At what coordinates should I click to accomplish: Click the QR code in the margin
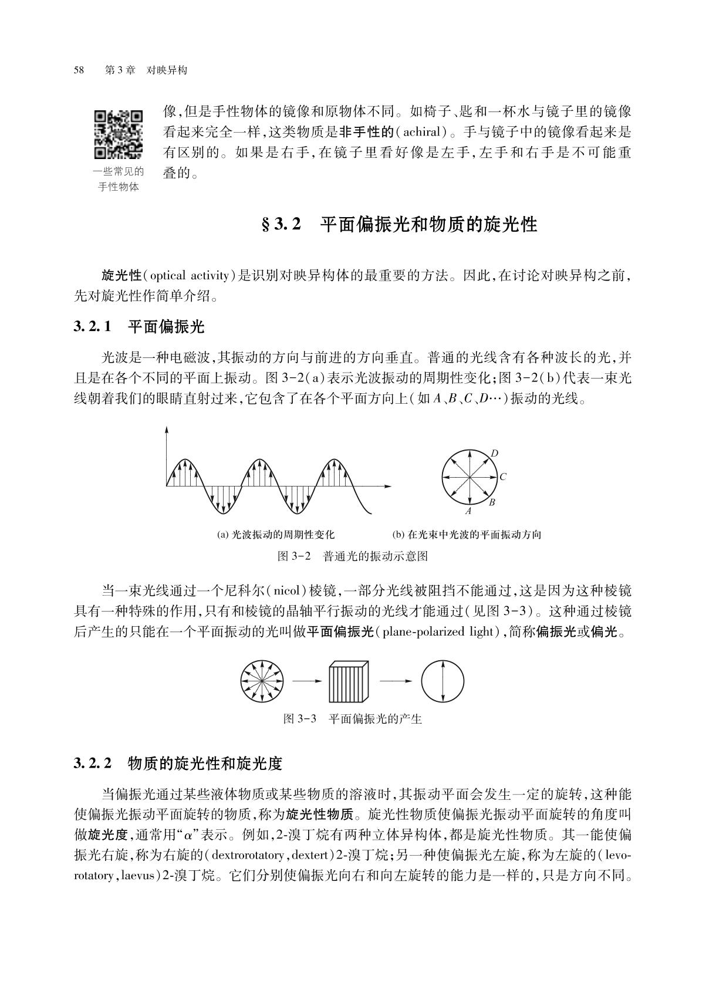pos(118,134)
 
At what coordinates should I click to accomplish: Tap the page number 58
pos(79,70)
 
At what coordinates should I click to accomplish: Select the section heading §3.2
pos(398,224)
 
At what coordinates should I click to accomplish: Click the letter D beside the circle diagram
pos(494,453)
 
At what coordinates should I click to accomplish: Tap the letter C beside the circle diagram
pos(503,477)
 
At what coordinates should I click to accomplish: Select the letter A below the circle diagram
pos(468,511)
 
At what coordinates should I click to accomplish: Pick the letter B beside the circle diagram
pos(492,502)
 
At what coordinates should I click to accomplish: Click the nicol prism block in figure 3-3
pos(349,681)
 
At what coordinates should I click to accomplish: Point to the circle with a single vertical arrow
pos(442,681)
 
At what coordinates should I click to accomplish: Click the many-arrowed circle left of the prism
pos(262,681)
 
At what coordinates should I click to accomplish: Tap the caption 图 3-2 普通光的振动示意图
pos(352,556)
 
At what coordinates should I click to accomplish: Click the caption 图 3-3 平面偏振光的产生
pos(352,719)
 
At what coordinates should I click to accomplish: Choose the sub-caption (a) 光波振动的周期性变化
pos(275,535)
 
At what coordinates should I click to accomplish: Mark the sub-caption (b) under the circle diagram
pos(466,535)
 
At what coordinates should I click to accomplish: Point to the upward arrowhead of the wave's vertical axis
pos(167,430)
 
